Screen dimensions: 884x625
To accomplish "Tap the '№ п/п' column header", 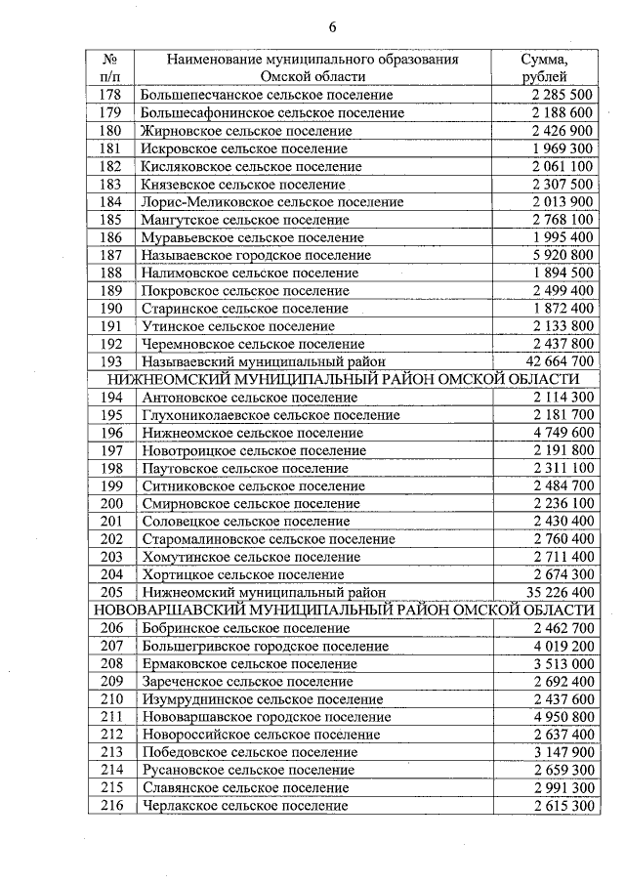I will (x=110, y=67).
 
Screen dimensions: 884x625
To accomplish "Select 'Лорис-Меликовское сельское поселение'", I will (x=271, y=202).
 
